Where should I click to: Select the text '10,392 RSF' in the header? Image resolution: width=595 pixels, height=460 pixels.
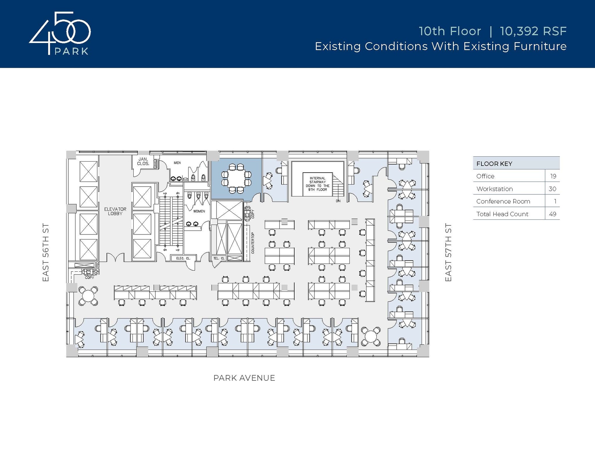coord(533,31)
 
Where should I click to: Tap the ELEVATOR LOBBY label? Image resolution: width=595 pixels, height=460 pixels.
coord(115,211)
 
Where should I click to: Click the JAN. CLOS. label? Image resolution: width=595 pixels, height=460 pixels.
coord(143,161)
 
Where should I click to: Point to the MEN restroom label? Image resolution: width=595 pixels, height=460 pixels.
coord(177,163)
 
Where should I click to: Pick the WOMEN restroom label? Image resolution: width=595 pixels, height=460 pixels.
coord(199,211)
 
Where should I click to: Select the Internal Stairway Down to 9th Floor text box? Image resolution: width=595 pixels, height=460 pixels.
coord(318,184)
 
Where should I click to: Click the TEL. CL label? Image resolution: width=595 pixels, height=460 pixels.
coord(219,258)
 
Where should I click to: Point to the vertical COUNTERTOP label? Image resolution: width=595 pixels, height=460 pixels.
coord(252,243)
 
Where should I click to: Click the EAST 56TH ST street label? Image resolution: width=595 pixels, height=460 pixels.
coord(46,252)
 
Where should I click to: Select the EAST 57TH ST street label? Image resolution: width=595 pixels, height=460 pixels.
coord(448,252)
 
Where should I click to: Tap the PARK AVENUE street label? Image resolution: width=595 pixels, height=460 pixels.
coord(244,378)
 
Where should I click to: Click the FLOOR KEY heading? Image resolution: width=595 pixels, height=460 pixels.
coord(494,164)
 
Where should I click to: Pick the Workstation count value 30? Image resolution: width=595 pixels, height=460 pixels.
coord(552,189)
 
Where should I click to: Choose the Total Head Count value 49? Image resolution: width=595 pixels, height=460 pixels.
coord(552,214)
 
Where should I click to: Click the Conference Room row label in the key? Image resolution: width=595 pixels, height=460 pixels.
coord(503,201)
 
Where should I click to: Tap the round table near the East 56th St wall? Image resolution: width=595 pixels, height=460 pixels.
coord(88,296)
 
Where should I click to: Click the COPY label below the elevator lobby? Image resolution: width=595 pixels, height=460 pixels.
coord(89,278)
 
